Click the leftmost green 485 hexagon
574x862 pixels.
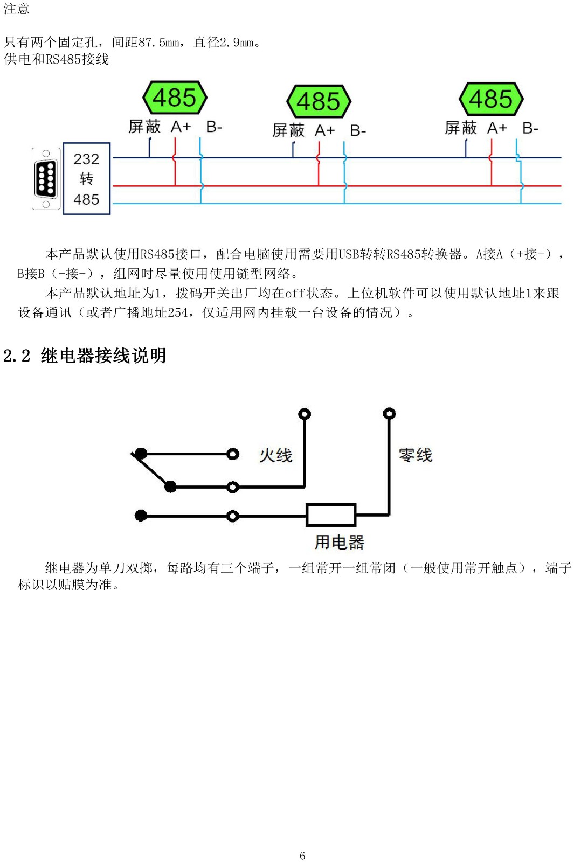[175, 98]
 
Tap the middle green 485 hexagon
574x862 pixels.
[319, 101]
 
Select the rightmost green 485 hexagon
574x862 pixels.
[491, 99]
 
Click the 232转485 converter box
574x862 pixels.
[87, 178]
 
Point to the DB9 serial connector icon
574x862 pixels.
[46, 178]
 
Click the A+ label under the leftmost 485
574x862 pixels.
[181, 127]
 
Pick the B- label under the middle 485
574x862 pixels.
[358, 131]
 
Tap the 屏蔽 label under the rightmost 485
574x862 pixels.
[460, 128]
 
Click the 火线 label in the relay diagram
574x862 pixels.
[275, 455]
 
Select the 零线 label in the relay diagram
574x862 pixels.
[416, 455]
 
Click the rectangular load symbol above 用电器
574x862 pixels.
[331, 515]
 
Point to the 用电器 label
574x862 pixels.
[339, 543]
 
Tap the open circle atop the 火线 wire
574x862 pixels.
[305, 414]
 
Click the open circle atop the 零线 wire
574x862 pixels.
[389, 414]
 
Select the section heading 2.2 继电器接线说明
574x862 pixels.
[85, 356]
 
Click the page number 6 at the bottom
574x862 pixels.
[302, 856]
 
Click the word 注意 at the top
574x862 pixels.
[16, 9]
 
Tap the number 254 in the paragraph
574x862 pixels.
[178, 312]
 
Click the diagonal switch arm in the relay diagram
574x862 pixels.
[151, 470]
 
